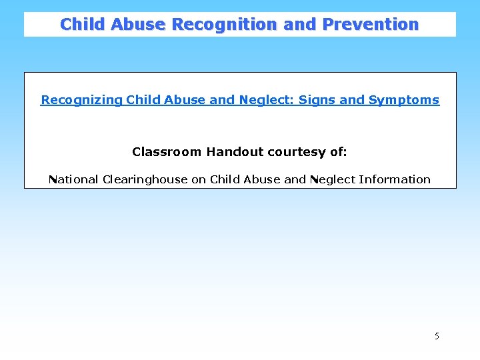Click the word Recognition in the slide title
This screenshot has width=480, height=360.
coord(225,25)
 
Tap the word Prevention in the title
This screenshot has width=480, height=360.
coord(371,25)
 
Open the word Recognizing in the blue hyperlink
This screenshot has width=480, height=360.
coord(81,100)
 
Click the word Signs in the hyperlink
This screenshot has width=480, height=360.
coord(317,100)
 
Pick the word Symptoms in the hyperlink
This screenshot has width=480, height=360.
coord(404,100)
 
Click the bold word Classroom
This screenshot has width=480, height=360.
coord(167,152)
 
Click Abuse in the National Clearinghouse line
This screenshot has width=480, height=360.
coord(262,179)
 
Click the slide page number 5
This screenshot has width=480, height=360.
coord(437,336)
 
